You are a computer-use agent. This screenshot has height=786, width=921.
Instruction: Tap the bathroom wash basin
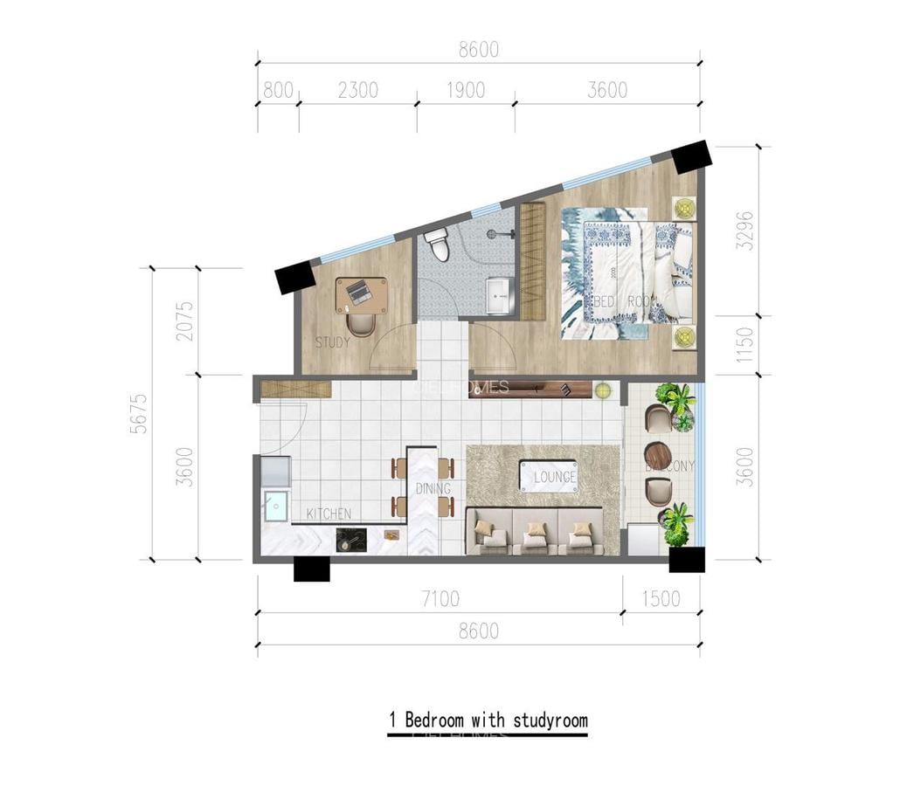(x=499, y=296)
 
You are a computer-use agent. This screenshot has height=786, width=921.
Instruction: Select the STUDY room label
(x=332, y=342)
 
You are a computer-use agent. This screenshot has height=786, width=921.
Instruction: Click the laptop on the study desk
(x=359, y=292)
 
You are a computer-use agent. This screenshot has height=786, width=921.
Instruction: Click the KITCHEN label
(x=329, y=514)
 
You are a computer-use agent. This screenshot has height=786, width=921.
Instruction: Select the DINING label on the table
(x=433, y=489)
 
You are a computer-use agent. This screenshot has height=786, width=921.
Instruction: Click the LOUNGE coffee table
(x=548, y=476)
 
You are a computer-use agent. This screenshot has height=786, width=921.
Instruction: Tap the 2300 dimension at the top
(x=357, y=90)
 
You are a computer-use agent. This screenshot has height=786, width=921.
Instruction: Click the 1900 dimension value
(x=465, y=90)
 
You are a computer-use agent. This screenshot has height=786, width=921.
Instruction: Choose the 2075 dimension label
(x=185, y=321)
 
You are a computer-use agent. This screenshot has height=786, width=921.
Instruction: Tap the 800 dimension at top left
(x=277, y=90)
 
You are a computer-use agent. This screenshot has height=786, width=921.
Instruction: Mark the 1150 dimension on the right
(x=744, y=345)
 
